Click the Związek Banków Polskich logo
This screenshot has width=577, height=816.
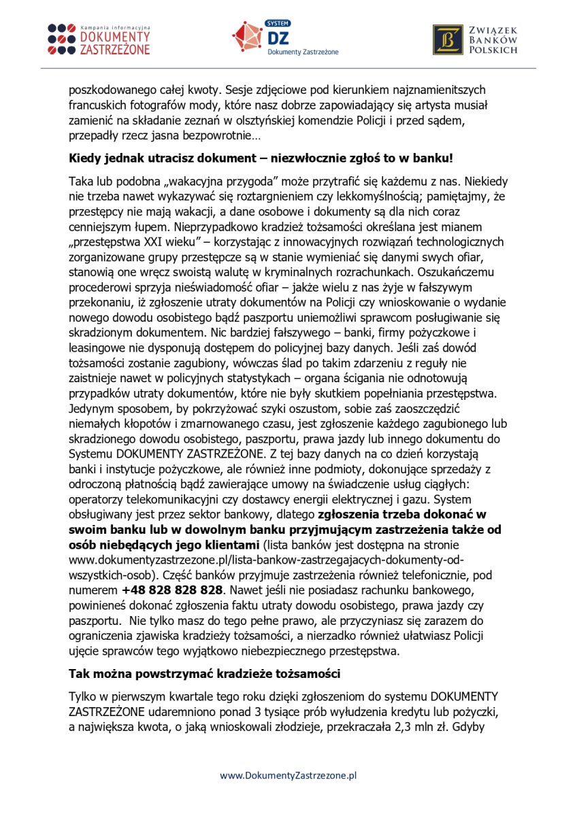[x=476, y=39]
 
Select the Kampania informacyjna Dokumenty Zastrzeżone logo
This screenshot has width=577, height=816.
[x=99, y=39]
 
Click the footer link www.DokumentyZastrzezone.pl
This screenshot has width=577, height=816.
[x=288, y=775]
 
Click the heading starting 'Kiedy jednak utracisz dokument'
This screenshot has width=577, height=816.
[x=261, y=158]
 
